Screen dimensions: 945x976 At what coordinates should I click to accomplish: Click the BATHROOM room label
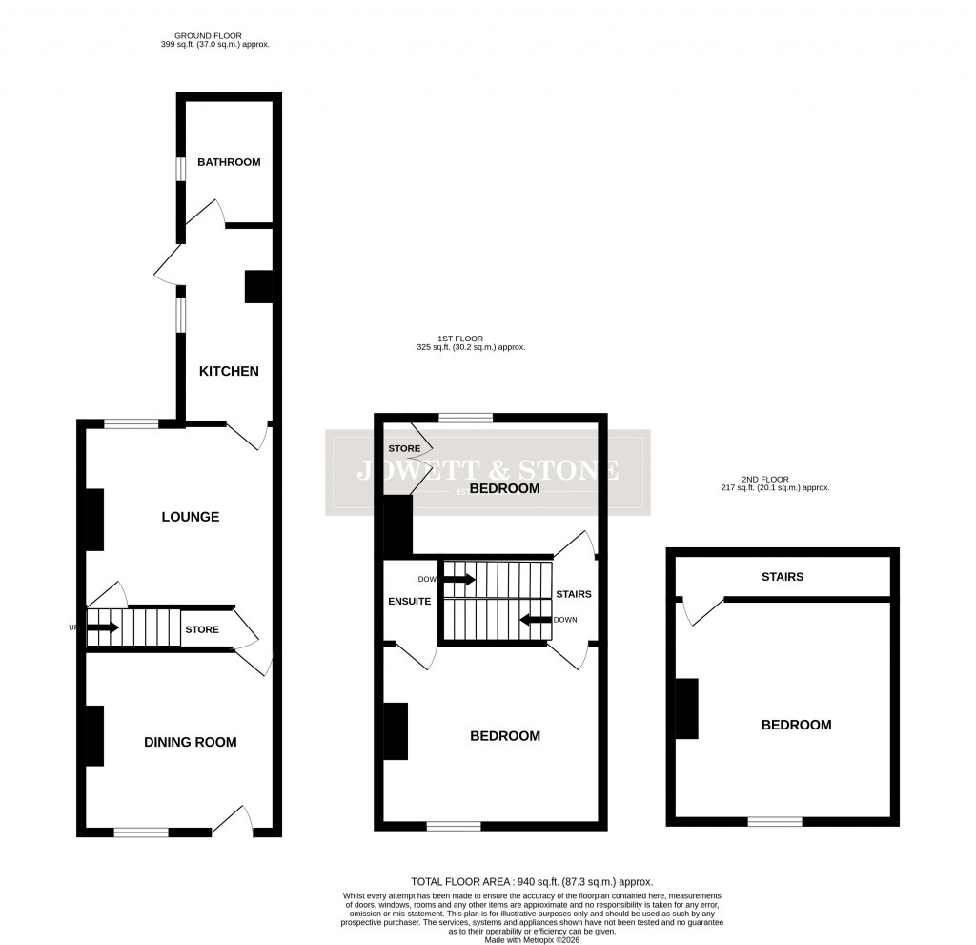click(229, 162)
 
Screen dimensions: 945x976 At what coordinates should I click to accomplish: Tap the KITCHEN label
click(229, 371)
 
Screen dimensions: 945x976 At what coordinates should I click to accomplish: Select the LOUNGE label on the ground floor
click(191, 517)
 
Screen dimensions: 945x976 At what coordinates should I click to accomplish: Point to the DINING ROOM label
click(191, 742)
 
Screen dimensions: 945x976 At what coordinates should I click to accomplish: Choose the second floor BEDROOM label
click(796, 725)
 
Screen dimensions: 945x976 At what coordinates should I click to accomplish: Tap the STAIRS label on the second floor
click(782, 577)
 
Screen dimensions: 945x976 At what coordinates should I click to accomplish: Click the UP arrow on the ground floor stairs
click(103, 627)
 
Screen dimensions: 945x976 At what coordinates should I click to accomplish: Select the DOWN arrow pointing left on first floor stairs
click(536, 619)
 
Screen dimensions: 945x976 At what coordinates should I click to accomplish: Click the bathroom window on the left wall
click(179, 167)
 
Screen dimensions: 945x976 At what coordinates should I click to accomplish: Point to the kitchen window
click(179, 316)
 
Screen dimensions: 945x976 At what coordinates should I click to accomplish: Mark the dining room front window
click(141, 832)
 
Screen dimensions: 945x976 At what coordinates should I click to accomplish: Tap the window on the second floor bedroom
click(774, 821)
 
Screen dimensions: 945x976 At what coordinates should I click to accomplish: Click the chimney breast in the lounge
click(94, 520)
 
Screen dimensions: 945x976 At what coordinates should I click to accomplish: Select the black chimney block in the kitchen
click(258, 287)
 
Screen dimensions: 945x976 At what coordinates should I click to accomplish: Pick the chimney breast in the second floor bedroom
click(687, 709)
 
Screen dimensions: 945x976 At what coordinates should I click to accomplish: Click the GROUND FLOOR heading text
click(215, 36)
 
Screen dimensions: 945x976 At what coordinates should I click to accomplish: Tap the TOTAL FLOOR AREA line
click(532, 882)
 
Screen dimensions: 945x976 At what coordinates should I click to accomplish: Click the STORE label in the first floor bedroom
click(403, 448)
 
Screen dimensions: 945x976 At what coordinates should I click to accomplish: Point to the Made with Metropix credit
click(532, 939)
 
